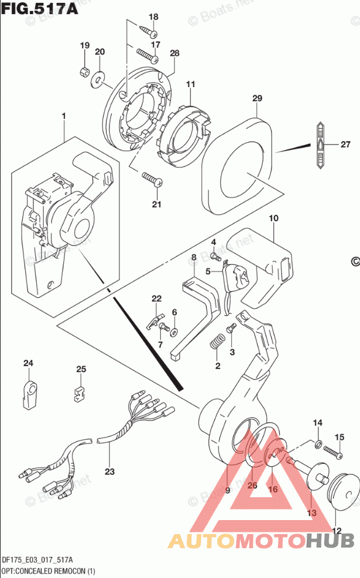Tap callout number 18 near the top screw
[153, 17]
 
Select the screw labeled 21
[152, 178]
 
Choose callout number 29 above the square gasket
[256, 99]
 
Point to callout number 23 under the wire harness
[110, 471]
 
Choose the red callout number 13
[311, 512]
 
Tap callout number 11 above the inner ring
[190, 85]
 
